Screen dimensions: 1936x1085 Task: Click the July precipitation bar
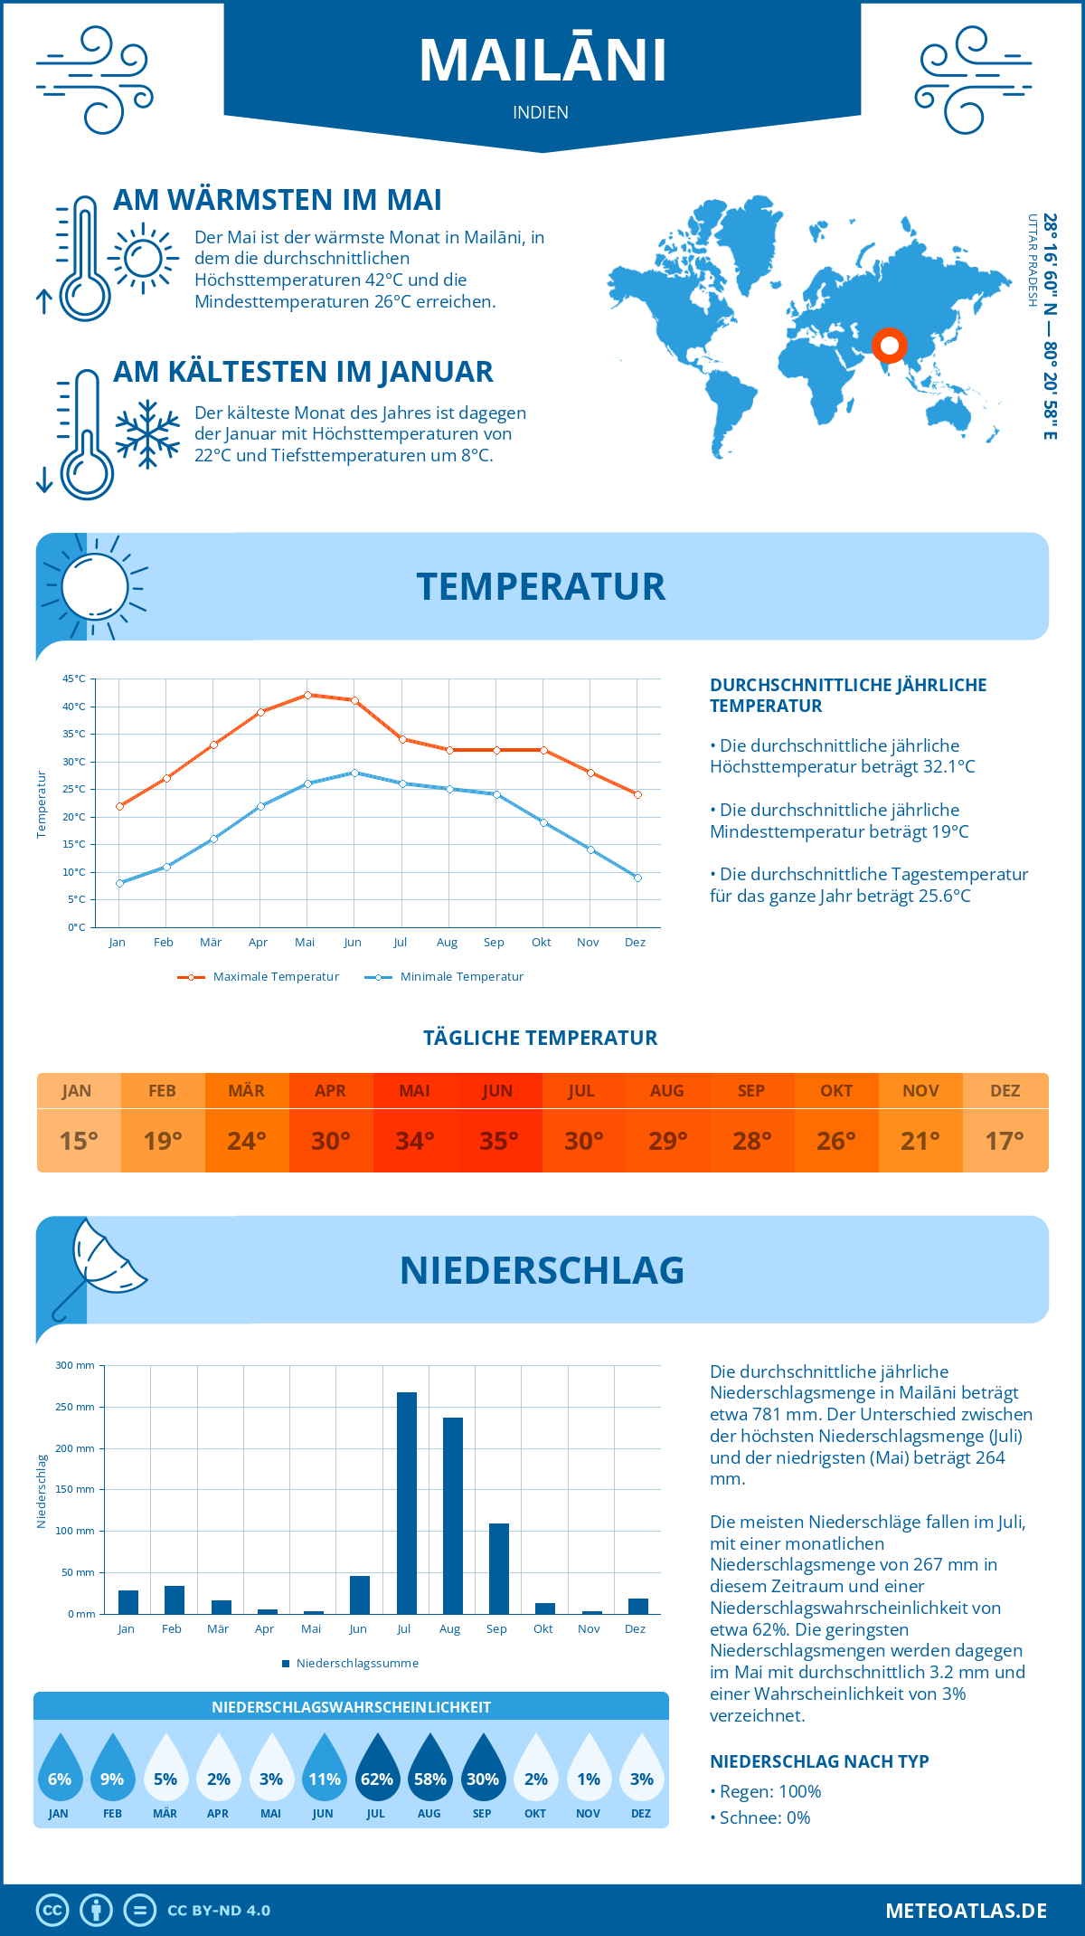407,1503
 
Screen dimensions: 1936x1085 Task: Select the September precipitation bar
499,1569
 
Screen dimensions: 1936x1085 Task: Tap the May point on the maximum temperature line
308,695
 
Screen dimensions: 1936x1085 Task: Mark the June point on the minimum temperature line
355,773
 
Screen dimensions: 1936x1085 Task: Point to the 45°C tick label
74,679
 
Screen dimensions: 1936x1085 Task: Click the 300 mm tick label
75,1365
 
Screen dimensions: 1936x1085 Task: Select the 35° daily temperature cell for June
498,1141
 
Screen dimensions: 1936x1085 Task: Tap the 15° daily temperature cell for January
79,1141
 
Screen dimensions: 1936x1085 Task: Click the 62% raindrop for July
377,1772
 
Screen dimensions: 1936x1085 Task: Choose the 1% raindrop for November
589,1772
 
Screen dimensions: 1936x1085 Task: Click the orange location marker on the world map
890,346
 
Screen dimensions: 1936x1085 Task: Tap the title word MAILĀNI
542,61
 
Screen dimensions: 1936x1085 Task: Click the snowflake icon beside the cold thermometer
147,433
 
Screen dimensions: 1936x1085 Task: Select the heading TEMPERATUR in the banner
541,586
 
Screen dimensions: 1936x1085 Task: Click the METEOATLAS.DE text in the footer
966,1910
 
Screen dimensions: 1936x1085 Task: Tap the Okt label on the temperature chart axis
541,943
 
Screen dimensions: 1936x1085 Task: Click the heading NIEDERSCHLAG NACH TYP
819,1761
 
